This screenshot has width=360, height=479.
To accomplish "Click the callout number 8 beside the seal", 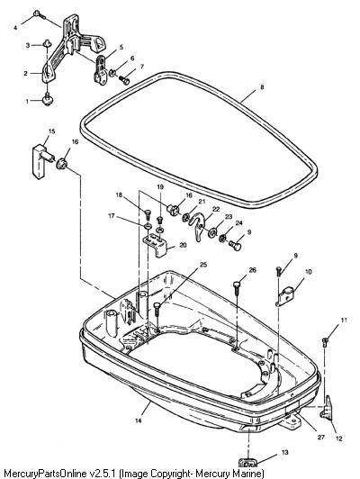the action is tap(262, 87).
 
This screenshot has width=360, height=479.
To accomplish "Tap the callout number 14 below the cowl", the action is tap(138, 420).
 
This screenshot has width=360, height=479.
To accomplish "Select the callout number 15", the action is tap(52, 131).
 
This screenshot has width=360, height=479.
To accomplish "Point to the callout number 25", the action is tap(203, 264).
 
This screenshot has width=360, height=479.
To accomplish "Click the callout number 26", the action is tap(253, 270).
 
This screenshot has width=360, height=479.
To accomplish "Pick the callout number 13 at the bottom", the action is tap(284, 452).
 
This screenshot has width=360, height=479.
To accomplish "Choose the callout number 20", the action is tap(183, 245).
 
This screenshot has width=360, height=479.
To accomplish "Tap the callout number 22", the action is tap(216, 209).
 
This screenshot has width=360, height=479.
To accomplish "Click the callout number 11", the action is tap(344, 321).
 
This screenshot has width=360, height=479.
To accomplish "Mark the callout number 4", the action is tap(15, 28).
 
